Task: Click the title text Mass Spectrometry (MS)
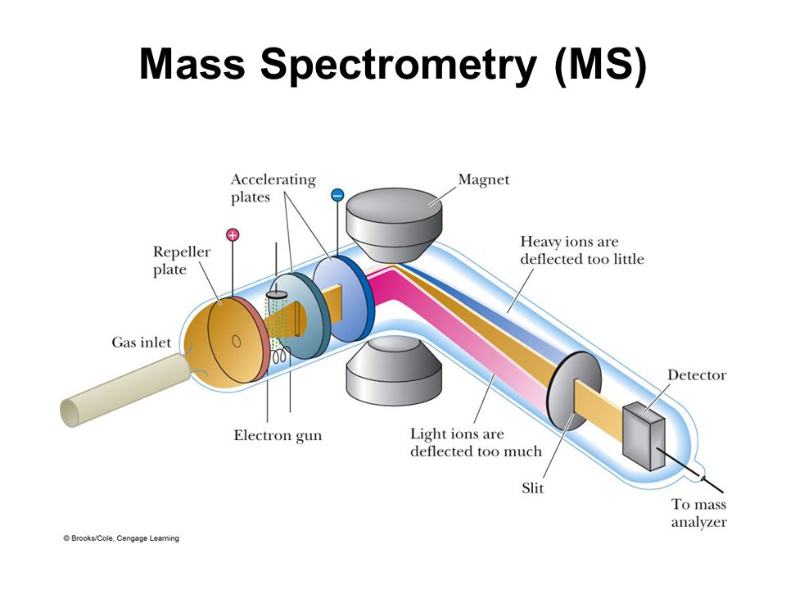393,65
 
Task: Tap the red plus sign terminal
233,235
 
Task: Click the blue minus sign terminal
337,195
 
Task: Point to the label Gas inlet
142,343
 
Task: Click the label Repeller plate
182,261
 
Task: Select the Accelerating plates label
273,188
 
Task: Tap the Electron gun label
278,435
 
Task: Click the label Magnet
485,179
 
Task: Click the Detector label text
696,375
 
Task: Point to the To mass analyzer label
698,514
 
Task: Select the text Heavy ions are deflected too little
581,251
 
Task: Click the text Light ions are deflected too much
476,442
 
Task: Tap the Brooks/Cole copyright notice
121,538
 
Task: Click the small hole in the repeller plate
235,339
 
